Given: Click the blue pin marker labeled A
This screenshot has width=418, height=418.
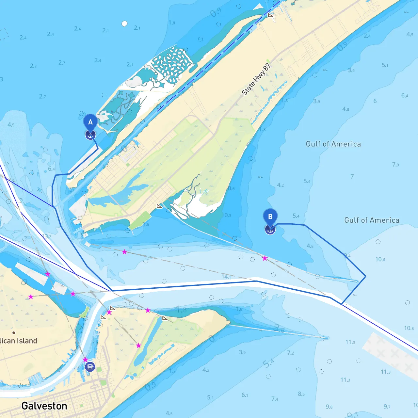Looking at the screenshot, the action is coord(90,122).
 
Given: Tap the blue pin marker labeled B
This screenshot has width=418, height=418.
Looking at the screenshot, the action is coord(270,217).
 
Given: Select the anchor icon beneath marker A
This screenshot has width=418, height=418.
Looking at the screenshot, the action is coord(90,135).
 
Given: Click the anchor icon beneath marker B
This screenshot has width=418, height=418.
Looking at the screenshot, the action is coord(270,230).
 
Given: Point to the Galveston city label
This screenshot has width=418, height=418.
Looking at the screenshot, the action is coord(44,406).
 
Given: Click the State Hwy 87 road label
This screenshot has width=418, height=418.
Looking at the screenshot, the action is coord(256,79).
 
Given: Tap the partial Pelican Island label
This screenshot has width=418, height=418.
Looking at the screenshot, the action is coord(18,341).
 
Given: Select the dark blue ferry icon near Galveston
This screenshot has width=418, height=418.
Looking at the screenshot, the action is coord(90,367).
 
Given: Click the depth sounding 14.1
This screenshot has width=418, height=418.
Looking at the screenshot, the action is coord(226,277).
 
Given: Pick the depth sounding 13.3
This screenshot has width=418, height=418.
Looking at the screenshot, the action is coord(46,236).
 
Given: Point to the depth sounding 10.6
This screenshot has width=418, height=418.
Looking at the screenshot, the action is coord(380,259).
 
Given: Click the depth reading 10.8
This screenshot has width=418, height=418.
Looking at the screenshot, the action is coord(409,328).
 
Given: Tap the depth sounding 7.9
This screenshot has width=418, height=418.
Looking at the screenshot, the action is coord(395,164).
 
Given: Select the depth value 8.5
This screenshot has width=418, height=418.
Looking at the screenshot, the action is coord(301,394).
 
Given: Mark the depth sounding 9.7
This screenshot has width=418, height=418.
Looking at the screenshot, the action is coord(387,406).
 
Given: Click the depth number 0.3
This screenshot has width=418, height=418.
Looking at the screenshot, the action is coord(228,215).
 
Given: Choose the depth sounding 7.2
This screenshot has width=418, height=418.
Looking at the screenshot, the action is coord(290,353).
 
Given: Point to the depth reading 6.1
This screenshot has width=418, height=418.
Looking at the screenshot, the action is coord(245,395).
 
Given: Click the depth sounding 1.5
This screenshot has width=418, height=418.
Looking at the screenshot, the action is coord(146,224).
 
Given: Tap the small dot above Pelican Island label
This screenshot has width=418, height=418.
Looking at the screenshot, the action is coord(14,333).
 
